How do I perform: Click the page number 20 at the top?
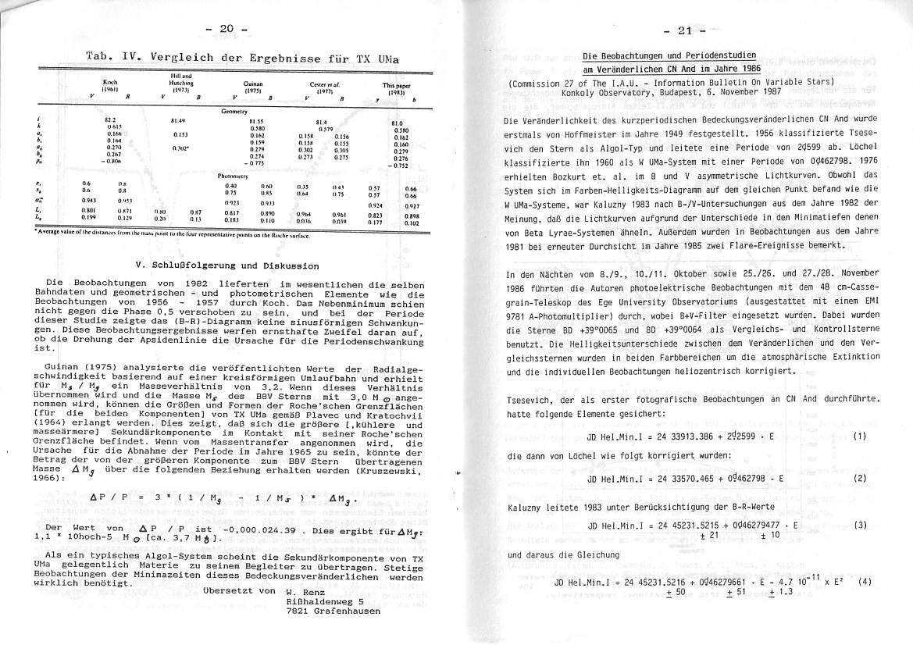point(226,29)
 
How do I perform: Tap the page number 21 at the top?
point(685,31)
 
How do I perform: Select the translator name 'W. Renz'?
point(305,591)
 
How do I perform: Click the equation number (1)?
point(860,435)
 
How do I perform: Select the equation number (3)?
point(860,525)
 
